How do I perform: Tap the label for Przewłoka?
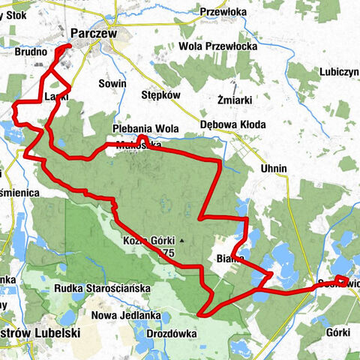pos(223,11)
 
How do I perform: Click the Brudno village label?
pos(31,54)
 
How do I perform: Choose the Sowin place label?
pos(112,83)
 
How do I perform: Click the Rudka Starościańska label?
pos(103,288)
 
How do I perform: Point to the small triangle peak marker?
pos(181,241)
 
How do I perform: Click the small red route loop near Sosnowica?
pos(341,282)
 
